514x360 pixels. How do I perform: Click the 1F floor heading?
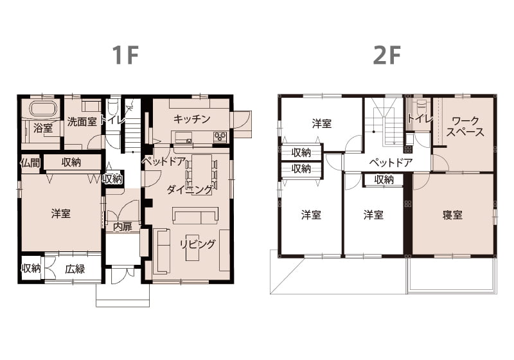coord(125,55)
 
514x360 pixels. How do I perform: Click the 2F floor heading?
coord(387,55)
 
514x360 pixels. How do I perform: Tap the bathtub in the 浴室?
coord(44,109)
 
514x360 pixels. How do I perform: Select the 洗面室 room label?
coord(82,122)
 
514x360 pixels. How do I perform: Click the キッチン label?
coord(191,119)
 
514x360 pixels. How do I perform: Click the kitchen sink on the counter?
coord(189,141)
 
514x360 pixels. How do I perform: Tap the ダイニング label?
coord(190,190)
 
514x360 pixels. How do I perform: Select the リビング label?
coord(198,244)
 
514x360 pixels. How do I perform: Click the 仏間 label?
coord(30,163)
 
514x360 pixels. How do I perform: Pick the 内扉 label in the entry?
coord(123,227)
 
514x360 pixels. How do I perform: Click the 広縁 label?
coord(75,269)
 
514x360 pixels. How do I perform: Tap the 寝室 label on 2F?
coord(452,215)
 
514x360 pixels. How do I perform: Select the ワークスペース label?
coord(465,126)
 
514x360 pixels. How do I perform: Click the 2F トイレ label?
coord(420,118)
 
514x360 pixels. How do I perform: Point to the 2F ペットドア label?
coord(391,162)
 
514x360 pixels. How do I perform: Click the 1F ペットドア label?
coord(164,161)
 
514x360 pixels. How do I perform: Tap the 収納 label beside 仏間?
coord(71,162)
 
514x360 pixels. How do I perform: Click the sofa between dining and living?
coord(195,215)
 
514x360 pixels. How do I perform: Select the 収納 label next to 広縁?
coord(31,269)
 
